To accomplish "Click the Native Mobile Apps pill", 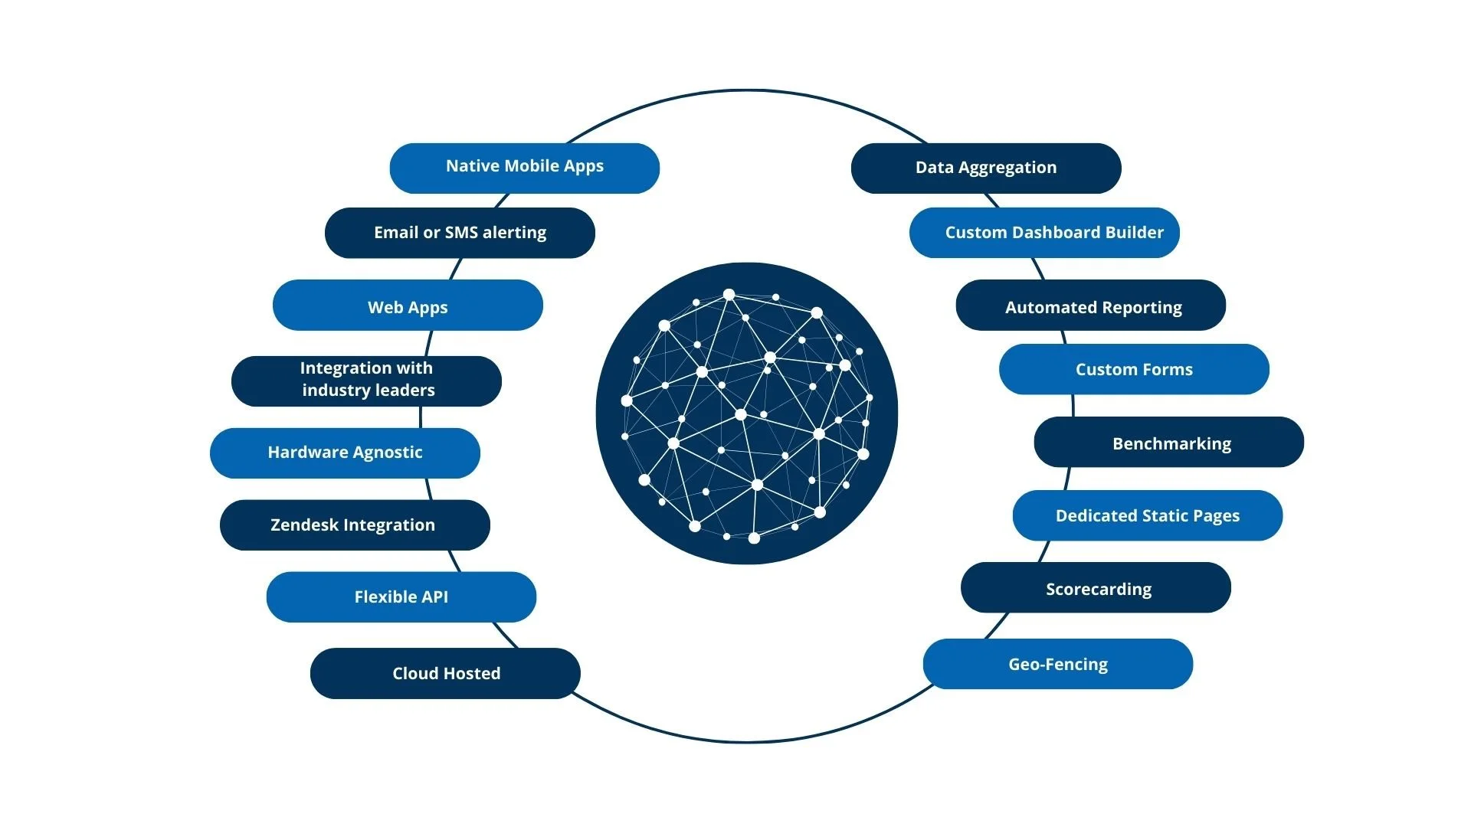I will click(524, 168).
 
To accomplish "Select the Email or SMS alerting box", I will click(460, 233).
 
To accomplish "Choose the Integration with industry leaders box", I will click(366, 381).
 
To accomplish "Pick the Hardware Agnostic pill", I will click(345, 453).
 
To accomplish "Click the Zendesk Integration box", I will click(354, 525).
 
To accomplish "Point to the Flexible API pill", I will click(401, 597).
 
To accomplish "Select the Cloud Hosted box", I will click(445, 674).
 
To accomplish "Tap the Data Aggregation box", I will click(985, 168).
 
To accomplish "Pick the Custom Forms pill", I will click(1134, 370).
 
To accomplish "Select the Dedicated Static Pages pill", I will click(1147, 516).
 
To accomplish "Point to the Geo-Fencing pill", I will click(1057, 665).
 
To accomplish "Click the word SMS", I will click(461, 233).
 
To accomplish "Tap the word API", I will click(434, 597).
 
